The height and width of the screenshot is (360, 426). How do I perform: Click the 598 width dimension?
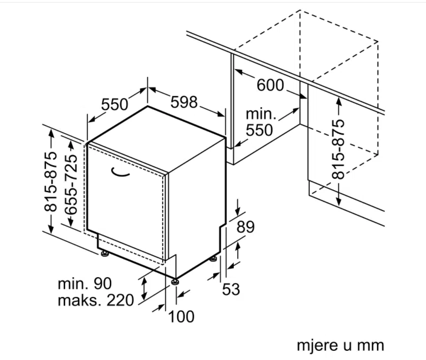point(184,102)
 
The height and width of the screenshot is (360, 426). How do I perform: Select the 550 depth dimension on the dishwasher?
point(114,105)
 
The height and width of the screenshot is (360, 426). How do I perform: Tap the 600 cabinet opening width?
point(270,85)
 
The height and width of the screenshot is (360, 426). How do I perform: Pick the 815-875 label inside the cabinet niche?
point(339,148)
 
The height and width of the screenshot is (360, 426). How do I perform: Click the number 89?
point(246,227)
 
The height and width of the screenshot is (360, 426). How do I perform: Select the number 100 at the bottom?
point(181,317)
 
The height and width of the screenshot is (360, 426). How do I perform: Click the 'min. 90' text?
point(84,284)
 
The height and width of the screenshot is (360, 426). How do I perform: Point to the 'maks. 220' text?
point(96,301)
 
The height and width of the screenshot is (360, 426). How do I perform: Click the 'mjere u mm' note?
point(340,345)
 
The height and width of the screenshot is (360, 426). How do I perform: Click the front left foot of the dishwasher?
point(104,253)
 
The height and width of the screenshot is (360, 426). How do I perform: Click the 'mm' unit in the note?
point(371,345)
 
